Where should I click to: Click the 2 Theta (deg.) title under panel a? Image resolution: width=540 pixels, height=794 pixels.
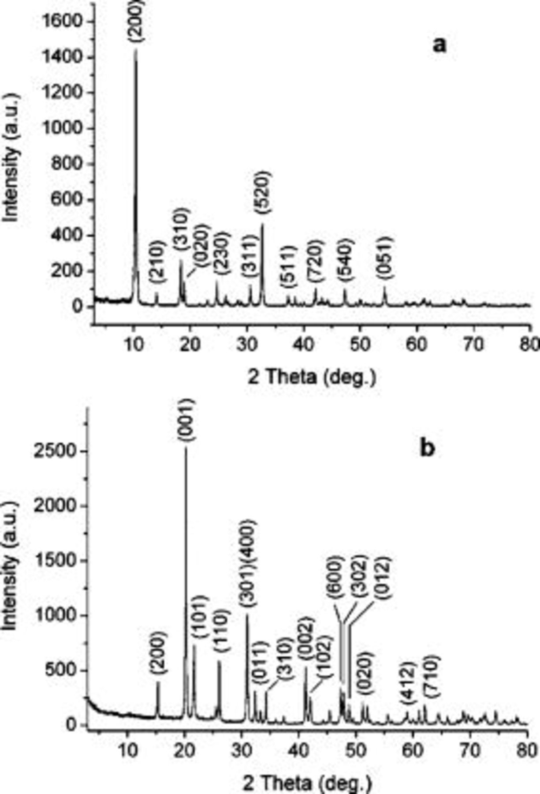click(312, 377)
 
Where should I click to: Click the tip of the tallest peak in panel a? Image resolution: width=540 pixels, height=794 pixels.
click(136, 49)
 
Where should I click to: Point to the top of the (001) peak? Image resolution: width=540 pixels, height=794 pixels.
click(186, 448)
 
